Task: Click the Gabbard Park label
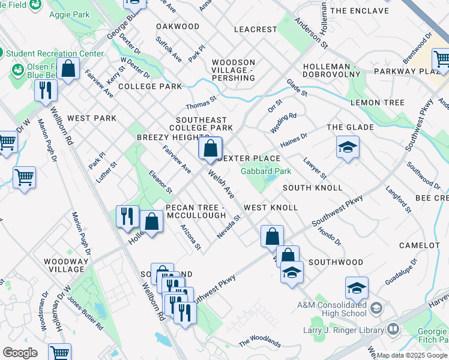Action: [266, 171]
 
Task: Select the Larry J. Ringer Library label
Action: [349, 330]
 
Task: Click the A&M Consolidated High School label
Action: [331, 309]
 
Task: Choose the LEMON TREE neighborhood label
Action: [378, 103]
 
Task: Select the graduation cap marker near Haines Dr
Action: [348, 147]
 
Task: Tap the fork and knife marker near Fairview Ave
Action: [46, 91]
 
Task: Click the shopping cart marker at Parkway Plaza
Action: [442, 60]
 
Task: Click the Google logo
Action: [20, 353]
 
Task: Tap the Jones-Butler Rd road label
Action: [85, 312]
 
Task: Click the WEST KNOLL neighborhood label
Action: [271, 208]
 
